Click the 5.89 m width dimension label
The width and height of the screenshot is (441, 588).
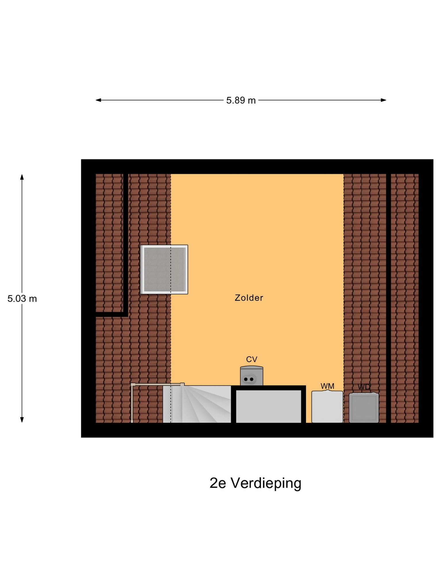[x=241, y=100]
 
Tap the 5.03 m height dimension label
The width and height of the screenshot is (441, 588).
[x=22, y=299]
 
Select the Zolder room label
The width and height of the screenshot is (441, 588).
[x=249, y=298]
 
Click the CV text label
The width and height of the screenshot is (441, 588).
[x=252, y=359]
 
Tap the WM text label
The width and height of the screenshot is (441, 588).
[x=327, y=386]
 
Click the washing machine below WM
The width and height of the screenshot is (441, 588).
[x=327, y=407]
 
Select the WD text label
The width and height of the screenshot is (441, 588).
[x=364, y=387]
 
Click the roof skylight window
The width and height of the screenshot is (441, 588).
[x=164, y=269]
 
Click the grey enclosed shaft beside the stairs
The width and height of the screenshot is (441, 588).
[x=268, y=406]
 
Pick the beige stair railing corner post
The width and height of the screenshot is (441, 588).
[x=132, y=385]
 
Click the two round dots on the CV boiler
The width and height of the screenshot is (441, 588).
[x=249, y=379]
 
